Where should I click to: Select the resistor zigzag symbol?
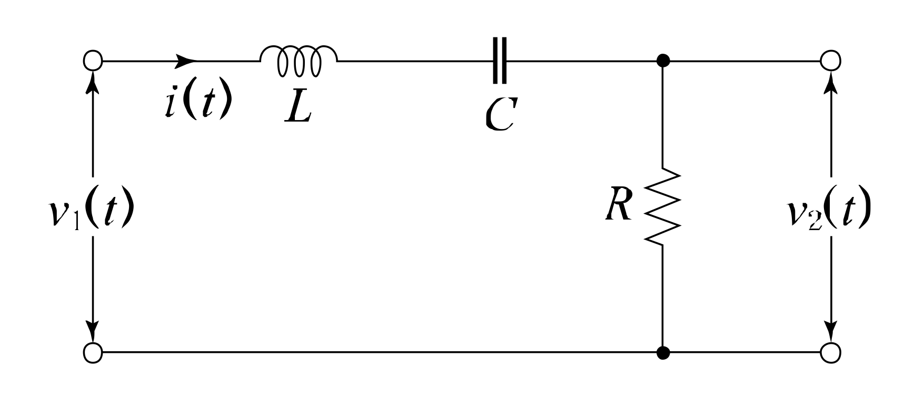[663, 206]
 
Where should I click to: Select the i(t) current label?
[196, 102]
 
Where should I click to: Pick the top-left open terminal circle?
[93, 60]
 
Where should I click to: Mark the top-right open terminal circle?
[831, 60]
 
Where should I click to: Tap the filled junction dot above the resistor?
[663, 60]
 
